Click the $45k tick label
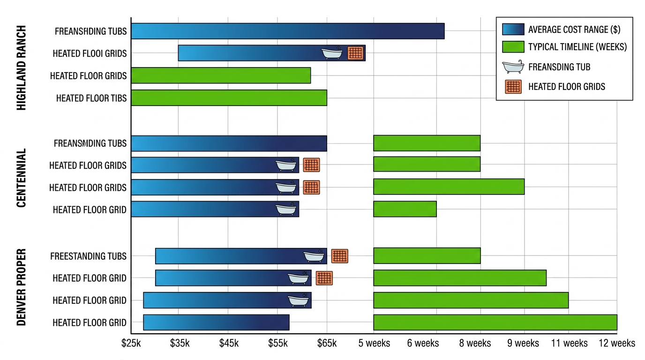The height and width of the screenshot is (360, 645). coord(229,343)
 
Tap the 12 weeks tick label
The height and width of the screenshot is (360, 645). coord(617,343)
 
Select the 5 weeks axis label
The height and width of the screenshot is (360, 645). coord(374,343)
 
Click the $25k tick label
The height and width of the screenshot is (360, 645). coord(131,343)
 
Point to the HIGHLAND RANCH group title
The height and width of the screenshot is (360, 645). coord(21,68)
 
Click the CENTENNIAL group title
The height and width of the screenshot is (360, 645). coord(21,178)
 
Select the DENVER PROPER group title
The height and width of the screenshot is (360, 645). coord(21,287)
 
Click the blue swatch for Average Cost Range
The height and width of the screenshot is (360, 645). coord(513,29)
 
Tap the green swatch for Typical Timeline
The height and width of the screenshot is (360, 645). coord(513,47)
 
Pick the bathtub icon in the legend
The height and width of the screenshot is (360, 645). coord(513,67)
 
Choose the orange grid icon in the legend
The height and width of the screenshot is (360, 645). coord(513,87)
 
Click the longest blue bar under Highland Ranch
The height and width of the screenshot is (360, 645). coord(287,31)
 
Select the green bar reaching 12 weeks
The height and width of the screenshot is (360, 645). coord(495,322)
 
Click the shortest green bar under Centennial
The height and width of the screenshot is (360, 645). coord(405,209)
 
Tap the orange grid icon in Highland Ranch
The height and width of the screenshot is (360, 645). coord(355,53)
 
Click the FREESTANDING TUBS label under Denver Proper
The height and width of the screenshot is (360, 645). coord(88,256)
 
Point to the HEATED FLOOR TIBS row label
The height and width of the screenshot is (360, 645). coord(91,98)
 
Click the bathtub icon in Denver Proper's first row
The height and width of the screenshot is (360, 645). coord(314,256)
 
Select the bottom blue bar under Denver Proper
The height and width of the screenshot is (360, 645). coord(216,322)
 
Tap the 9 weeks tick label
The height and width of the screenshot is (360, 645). coord(523,343)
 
